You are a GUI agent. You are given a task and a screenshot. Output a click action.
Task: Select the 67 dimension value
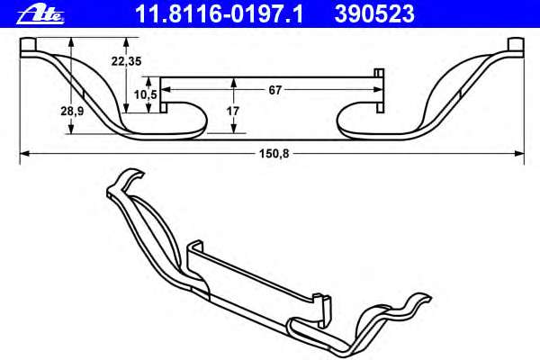276,89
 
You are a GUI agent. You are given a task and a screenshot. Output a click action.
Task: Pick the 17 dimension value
233,111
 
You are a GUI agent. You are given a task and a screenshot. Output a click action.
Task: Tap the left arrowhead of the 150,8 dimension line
23,155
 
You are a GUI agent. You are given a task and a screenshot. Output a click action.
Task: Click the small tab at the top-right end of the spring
516,45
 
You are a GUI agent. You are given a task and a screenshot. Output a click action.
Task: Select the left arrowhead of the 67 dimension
166,89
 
